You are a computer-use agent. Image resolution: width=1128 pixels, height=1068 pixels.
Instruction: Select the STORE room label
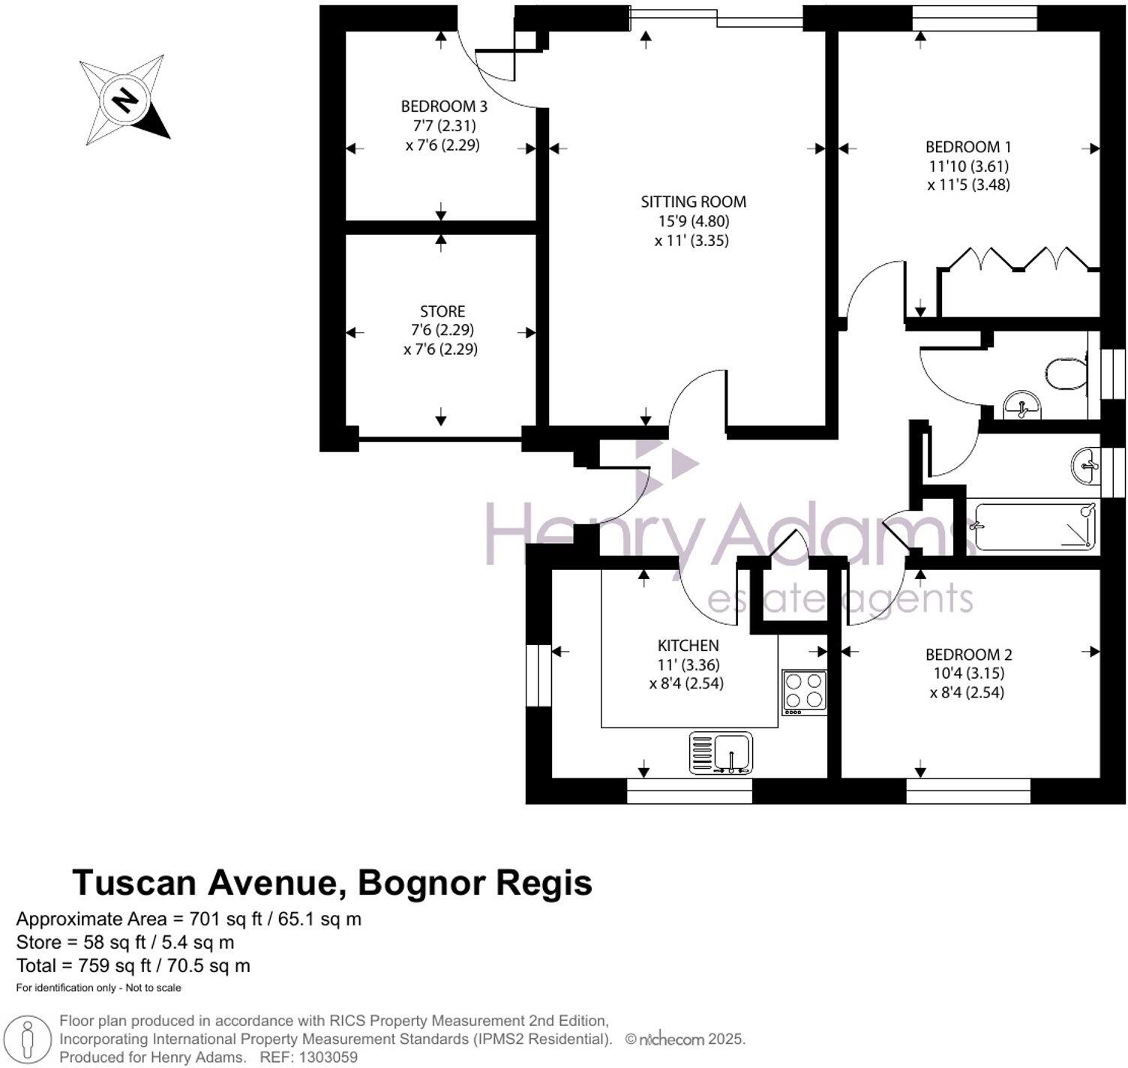pos(442,311)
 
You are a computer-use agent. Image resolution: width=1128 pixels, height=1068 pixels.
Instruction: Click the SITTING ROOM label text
pos(693,202)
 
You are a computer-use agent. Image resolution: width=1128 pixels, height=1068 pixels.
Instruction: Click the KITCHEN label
pos(688,645)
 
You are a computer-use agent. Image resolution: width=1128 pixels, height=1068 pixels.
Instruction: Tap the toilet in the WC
pos(1066,373)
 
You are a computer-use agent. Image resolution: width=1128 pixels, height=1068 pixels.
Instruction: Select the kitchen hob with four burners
pos(804,691)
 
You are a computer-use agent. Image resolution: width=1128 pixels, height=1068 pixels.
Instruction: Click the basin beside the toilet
pos(1021,406)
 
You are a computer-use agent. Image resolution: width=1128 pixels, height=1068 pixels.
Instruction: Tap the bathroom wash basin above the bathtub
pos(1084,466)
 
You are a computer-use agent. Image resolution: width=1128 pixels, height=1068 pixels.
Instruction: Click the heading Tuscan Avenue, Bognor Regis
pos(332,883)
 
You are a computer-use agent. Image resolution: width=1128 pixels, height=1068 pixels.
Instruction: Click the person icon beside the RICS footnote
pos(28,1039)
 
